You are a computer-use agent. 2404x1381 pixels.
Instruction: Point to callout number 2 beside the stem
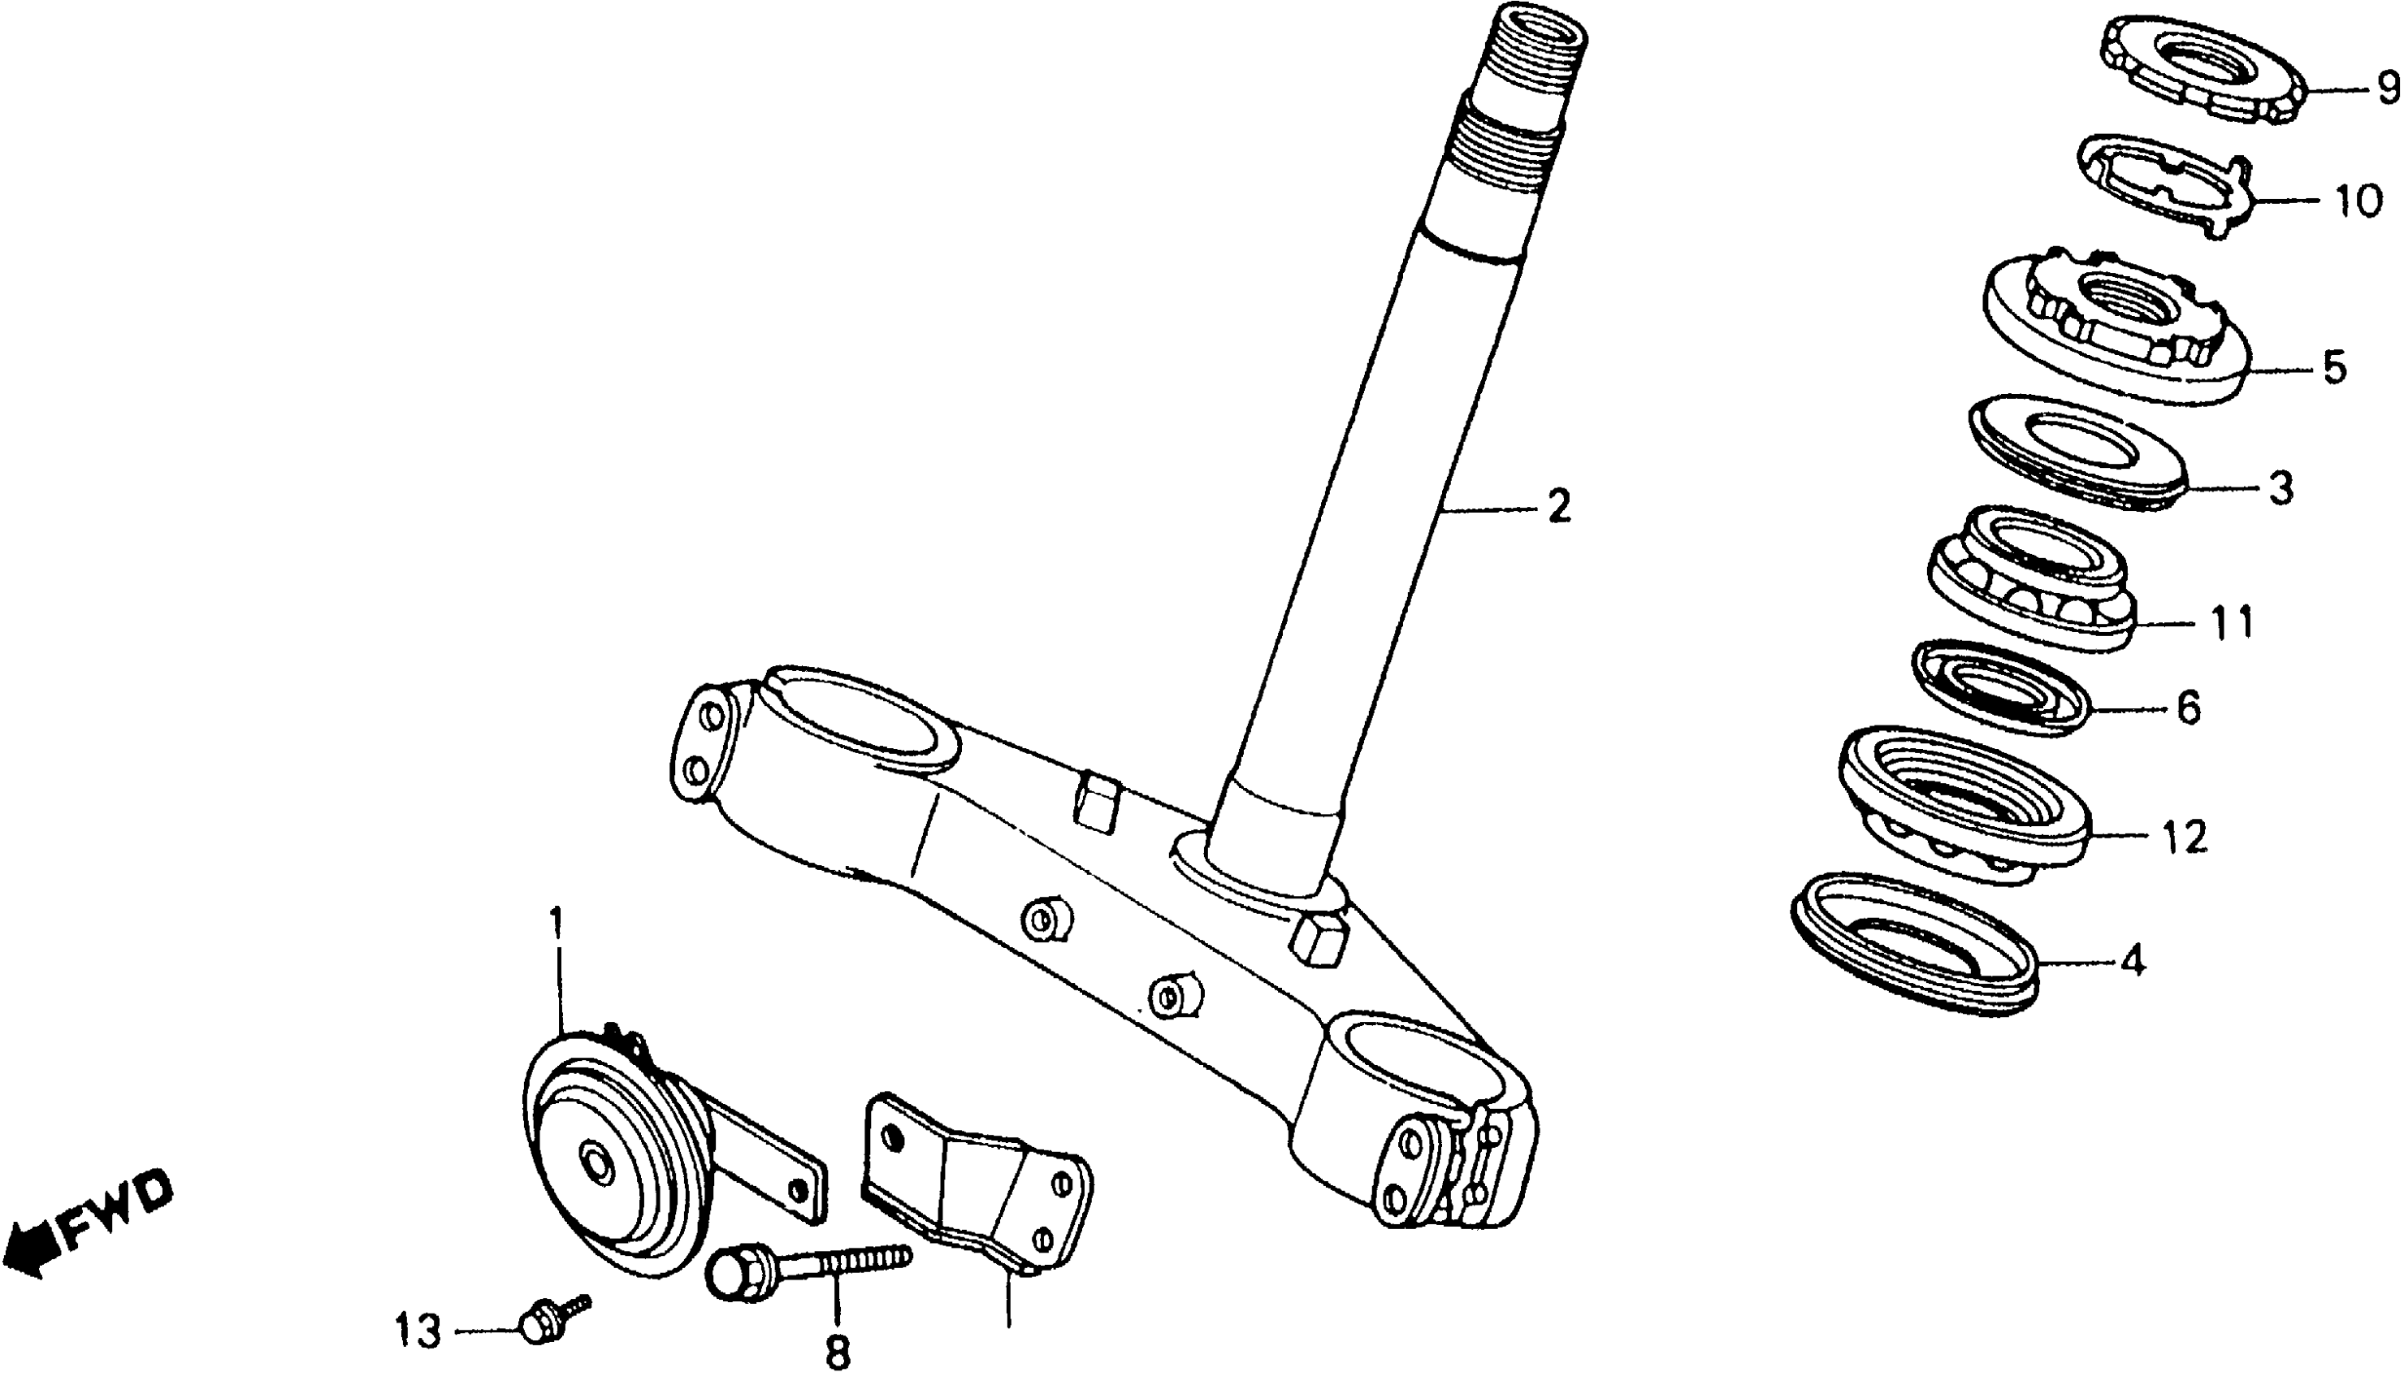click(x=1558, y=508)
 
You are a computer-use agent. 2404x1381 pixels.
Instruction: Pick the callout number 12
click(x=2184, y=837)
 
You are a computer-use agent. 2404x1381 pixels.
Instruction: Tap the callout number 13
click(x=418, y=1331)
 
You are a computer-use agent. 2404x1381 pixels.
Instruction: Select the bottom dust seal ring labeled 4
click(x=1916, y=944)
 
